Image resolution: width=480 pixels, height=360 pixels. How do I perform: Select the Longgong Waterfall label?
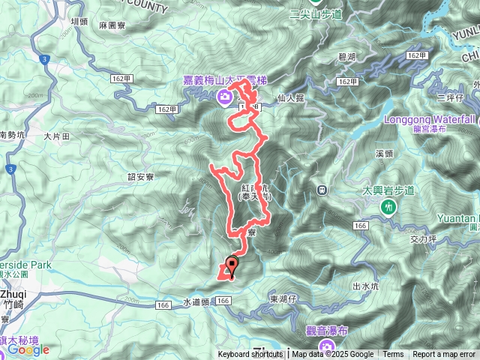tap(429, 118)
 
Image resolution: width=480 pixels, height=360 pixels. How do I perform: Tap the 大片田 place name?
tap(56, 136)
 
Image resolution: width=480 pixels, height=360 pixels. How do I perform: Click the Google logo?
tap(28, 349)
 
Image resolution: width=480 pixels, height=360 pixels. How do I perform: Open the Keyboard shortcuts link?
tap(250, 355)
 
